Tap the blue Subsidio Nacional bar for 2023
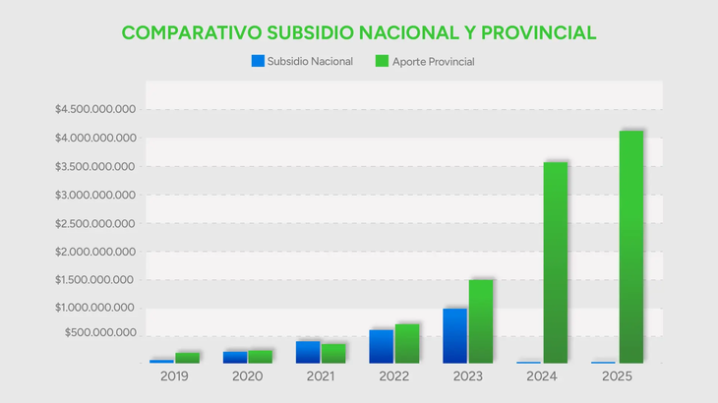(x=454, y=335)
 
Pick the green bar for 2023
(x=481, y=321)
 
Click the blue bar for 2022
(x=381, y=346)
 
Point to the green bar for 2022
(x=407, y=343)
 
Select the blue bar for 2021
(x=308, y=352)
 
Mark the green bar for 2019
(x=187, y=358)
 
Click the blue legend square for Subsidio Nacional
(x=259, y=61)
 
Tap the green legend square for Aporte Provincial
(x=383, y=61)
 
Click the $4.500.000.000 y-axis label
(x=96, y=109)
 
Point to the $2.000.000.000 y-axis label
(x=96, y=252)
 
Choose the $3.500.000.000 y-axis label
(x=96, y=166)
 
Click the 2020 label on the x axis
(x=248, y=377)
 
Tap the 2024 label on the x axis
(x=542, y=377)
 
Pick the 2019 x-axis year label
(x=174, y=377)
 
